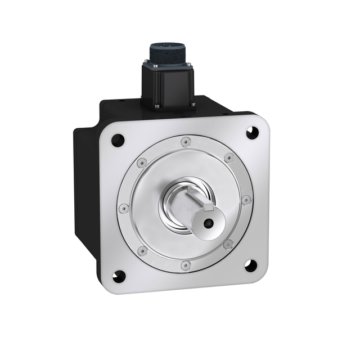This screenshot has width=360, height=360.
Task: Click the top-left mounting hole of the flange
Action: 118,140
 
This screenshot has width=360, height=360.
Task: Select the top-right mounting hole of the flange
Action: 251,133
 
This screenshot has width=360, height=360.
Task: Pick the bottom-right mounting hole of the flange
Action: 250,265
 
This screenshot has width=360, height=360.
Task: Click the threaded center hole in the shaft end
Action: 208,223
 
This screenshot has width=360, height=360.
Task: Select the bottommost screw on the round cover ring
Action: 186,264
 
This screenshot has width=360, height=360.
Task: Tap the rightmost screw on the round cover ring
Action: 246,200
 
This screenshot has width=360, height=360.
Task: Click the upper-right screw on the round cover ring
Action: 228,158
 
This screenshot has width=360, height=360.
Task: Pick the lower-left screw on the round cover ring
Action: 143,250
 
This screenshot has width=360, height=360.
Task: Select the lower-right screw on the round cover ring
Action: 228,244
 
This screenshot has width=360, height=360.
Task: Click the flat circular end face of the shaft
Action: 209,222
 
